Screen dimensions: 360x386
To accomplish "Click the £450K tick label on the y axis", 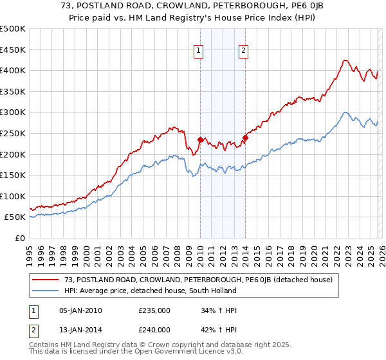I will [13, 50].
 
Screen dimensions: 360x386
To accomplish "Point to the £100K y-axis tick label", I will [13, 196].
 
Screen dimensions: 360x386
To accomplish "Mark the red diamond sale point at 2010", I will [200, 139].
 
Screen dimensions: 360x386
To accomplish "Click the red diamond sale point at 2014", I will [246, 138].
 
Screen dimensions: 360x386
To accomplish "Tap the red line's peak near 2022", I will [345, 60].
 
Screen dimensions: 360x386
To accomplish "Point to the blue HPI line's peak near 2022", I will [345, 113].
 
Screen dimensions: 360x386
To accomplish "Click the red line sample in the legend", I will [46, 280].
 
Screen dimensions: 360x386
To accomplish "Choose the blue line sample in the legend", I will [46, 291].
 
